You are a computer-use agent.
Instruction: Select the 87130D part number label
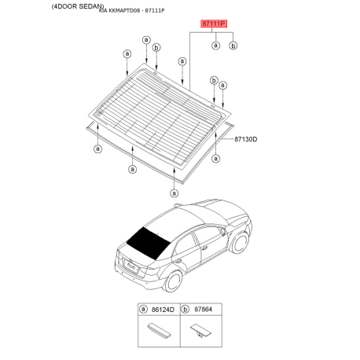click(245, 139)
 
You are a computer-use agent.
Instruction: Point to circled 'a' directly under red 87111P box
click(215, 46)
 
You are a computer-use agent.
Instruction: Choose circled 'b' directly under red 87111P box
click(233, 46)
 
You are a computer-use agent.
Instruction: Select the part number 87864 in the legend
click(204, 312)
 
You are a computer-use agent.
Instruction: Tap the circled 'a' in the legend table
click(143, 312)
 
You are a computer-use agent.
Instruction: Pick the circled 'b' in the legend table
click(187, 312)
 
